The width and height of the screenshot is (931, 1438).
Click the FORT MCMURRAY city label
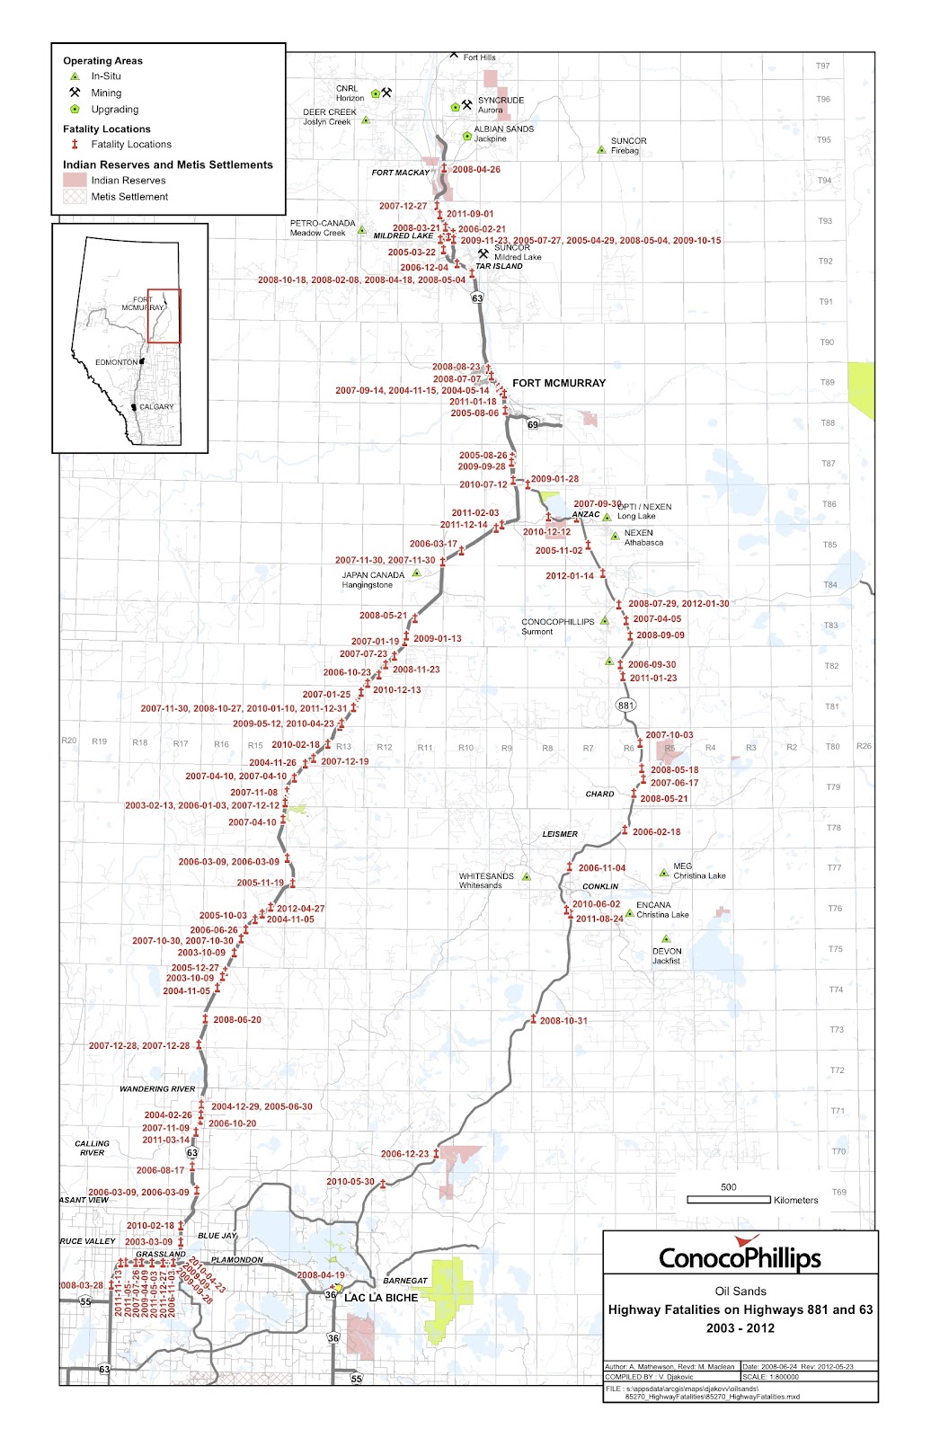[x=558, y=383]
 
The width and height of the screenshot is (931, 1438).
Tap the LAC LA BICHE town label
[x=381, y=1298]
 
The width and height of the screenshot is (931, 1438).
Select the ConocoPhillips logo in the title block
[x=740, y=1256]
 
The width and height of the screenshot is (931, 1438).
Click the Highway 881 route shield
[x=625, y=706]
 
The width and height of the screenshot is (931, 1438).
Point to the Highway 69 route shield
[x=533, y=424]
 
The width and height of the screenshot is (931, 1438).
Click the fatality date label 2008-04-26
[x=476, y=169]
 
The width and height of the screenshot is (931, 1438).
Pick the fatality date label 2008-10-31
[x=563, y=1021]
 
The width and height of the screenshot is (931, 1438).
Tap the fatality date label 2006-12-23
[x=404, y=1154]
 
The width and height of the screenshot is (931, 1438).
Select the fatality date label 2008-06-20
[x=237, y=1020]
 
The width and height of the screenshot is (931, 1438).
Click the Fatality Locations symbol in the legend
[x=75, y=144]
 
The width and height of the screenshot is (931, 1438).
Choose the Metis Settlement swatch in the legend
[x=75, y=197]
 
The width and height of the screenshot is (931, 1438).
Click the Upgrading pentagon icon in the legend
[x=75, y=109]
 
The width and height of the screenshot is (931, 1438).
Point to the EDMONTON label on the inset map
[x=117, y=362]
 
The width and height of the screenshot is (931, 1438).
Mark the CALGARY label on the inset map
[x=156, y=407]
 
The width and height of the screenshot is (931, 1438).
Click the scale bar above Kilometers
[x=729, y=1200]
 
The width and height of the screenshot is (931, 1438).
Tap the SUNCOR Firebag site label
[x=628, y=146]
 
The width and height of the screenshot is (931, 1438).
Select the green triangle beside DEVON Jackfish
[x=666, y=939]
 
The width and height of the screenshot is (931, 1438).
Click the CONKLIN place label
[x=600, y=886]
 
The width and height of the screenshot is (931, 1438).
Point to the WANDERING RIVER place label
[x=157, y=1088]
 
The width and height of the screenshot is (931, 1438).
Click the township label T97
[x=822, y=67]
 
